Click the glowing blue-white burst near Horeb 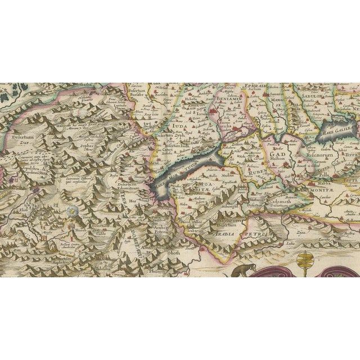point(71,212)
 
